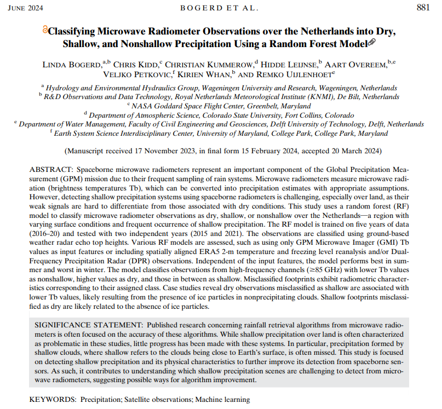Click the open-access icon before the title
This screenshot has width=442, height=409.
45,31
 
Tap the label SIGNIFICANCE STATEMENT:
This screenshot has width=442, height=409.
84,324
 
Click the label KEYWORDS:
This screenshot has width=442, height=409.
51,400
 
